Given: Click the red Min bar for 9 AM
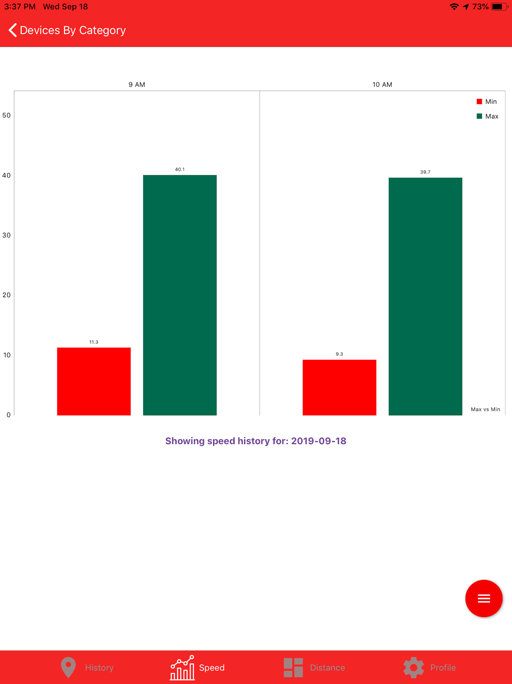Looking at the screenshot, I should coord(94,381).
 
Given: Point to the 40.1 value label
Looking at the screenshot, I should coord(180,169).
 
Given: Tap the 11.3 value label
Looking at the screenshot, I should coord(94,342).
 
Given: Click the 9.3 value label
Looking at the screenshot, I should coord(339,354).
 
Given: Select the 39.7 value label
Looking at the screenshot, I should coord(425,172).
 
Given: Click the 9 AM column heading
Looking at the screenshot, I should coord(137,85).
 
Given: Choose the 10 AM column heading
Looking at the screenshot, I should coord(382,85).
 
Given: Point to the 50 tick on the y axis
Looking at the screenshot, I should coord(6,116).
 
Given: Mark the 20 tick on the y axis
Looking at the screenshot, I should coord(6,295).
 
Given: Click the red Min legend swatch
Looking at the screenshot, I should coord(479,101).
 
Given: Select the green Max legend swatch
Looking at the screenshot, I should coord(479,116).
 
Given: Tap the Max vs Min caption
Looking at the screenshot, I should coord(485,409).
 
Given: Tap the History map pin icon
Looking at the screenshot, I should coord(68,667).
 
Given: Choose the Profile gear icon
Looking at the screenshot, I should coord(413,667).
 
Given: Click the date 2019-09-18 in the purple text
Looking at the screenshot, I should coord(319,441).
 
